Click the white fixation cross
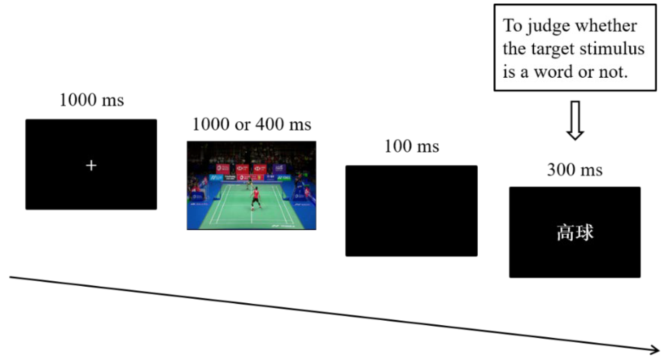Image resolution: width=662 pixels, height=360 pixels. (x=91, y=166)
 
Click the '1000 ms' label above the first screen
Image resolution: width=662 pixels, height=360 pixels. (x=92, y=100)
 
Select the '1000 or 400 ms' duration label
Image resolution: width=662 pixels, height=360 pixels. (x=252, y=125)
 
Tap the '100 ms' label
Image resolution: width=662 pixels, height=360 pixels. (x=412, y=146)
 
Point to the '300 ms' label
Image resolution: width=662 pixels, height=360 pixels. (x=575, y=170)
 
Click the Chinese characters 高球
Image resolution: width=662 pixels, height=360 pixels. (x=575, y=232)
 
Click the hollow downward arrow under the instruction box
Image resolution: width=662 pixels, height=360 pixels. (x=575, y=120)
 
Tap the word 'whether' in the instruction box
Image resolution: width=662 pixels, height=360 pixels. (x=606, y=26)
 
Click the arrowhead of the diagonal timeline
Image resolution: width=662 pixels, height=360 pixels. (x=655, y=350)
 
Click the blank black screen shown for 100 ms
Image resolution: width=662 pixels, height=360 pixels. (x=411, y=211)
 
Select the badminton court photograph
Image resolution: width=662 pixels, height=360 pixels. (x=251, y=185)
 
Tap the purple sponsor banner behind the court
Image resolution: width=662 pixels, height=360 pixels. (x=278, y=168)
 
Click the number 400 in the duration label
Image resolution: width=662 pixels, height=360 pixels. (x=269, y=125)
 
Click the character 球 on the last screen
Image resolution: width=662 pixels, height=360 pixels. (x=584, y=232)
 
